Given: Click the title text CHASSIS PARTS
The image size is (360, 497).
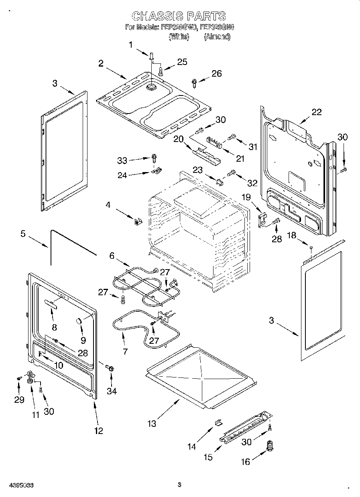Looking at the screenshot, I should click(x=179, y=16).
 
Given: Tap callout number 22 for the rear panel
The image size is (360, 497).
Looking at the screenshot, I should click(x=316, y=112).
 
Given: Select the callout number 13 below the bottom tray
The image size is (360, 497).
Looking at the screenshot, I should click(x=152, y=423).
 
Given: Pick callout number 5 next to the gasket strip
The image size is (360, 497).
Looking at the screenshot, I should click(x=23, y=234).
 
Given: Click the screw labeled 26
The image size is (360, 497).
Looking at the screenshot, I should click(x=195, y=83).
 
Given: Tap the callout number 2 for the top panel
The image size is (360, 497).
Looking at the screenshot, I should click(x=101, y=63).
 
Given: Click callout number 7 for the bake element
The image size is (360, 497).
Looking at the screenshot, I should click(x=125, y=352).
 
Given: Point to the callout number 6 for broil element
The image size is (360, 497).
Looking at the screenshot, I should click(x=112, y=255).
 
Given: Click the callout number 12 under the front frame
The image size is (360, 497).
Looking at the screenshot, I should click(x=98, y=431).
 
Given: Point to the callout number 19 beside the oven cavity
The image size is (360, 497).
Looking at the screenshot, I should click(x=246, y=197).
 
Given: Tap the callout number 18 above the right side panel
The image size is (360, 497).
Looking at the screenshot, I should click(x=292, y=235).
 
